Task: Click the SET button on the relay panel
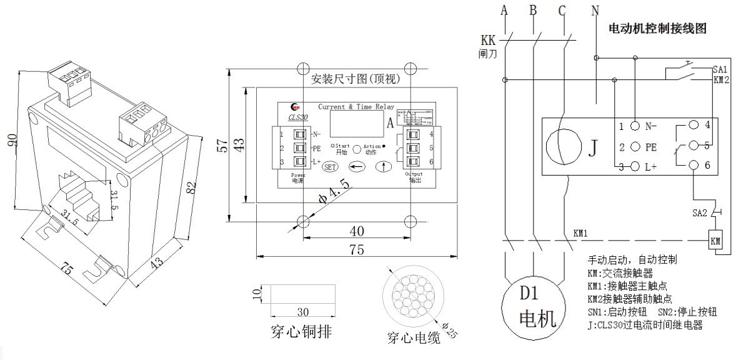click(x=331, y=167)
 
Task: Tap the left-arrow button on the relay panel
click(x=357, y=167)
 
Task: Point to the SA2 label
click(x=699, y=213)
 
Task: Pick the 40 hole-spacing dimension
click(x=356, y=231)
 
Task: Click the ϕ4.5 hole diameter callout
click(x=331, y=192)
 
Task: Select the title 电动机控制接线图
click(x=657, y=29)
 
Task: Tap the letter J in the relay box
click(x=593, y=147)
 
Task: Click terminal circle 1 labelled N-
click(x=635, y=126)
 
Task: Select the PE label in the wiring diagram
click(x=651, y=147)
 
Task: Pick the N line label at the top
click(x=594, y=10)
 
